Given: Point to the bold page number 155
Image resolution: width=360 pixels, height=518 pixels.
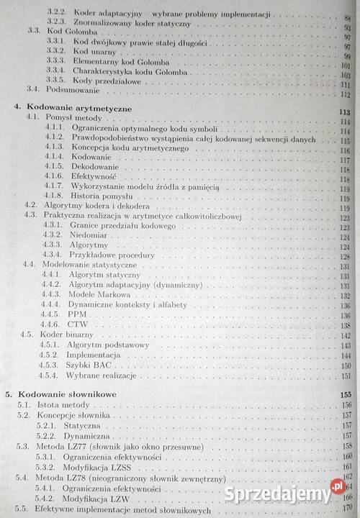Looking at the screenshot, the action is pyautogui.click(x=345, y=395).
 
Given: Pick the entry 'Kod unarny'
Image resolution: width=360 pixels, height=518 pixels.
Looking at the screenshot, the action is pyautogui.click(x=98, y=52).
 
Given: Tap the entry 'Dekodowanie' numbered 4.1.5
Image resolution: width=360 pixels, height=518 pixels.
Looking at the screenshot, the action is pyautogui.click(x=95, y=166).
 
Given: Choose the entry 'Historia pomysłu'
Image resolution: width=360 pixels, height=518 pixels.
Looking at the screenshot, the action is pyautogui.click(x=102, y=196).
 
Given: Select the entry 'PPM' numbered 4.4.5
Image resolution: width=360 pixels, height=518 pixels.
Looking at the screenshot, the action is pyautogui.click(x=78, y=314).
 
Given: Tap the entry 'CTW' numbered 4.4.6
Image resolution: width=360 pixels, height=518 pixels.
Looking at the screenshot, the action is pyautogui.click(x=78, y=324).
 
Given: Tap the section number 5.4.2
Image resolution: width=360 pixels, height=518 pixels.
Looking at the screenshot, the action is pyautogui.click(x=48, y=498).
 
